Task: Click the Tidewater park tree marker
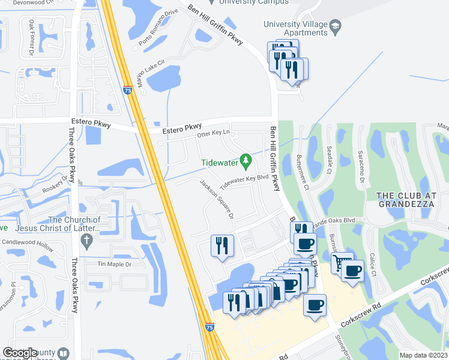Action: pos(246,160)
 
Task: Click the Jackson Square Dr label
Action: pos(217,200)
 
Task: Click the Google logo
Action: pos(20,353)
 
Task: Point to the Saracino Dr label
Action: pos(362,168)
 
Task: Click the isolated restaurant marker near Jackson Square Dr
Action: pos(221,245)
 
